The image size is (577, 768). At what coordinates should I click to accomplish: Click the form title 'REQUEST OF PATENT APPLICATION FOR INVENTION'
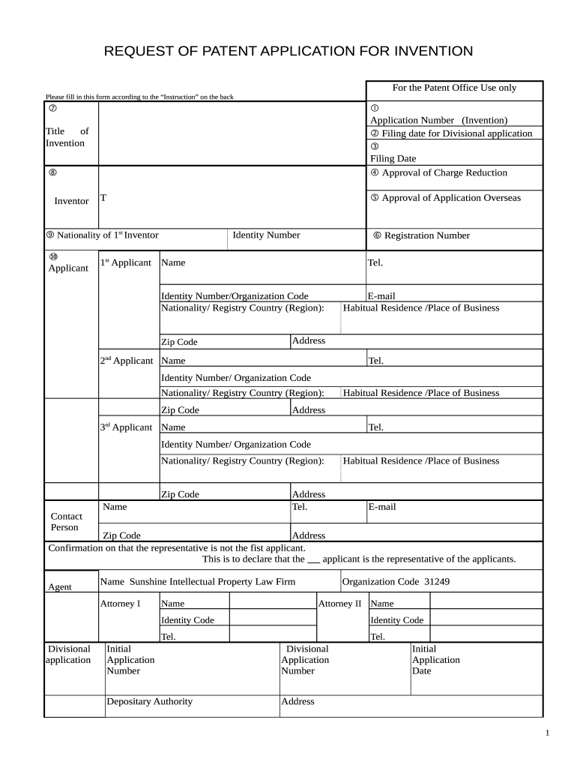288,51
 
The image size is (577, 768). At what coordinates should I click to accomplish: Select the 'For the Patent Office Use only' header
454,88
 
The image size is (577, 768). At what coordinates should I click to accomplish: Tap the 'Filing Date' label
393,158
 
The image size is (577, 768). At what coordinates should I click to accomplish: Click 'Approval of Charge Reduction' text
444,172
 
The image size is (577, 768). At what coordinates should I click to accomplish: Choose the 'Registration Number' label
426,235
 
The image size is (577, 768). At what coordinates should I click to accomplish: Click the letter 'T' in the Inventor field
103,197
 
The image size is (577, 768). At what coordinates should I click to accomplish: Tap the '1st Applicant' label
125,262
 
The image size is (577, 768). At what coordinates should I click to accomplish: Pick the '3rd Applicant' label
126,427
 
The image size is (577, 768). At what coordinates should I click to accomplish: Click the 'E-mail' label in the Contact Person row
381,507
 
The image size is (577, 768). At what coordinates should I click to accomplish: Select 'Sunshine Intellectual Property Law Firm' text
213,581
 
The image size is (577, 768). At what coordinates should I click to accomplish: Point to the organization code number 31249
437,581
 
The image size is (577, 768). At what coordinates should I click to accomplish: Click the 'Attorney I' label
120,603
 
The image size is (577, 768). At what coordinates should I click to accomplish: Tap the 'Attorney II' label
339,603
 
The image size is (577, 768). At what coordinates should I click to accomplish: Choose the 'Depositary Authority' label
149,701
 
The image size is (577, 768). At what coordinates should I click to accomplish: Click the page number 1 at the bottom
547,733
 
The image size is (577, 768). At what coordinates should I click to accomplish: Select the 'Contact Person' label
66,521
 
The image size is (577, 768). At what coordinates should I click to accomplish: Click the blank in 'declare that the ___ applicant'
314,559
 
